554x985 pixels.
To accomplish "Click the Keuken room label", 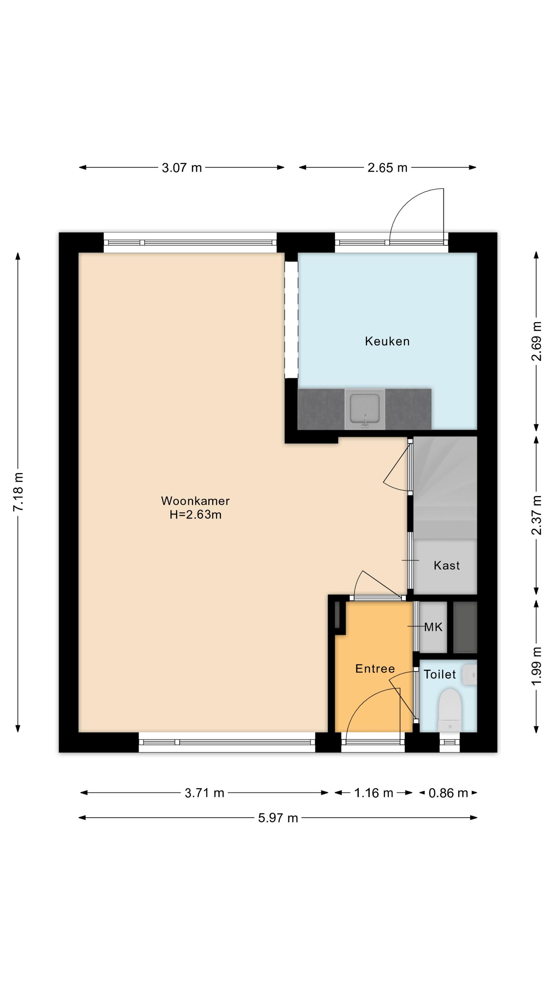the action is pos(387,341).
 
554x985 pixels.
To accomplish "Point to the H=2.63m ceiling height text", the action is pos(195,515).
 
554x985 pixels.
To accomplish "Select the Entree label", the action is pos(375,668).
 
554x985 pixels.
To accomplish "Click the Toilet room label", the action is pos(440,674).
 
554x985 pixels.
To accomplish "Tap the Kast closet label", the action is pos(447,565).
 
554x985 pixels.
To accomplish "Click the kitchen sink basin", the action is pos(365,408).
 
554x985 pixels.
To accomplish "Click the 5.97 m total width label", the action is pos(278,818).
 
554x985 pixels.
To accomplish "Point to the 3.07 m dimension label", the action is pos(181,167).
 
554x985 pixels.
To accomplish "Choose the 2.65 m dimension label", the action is pos(387,167).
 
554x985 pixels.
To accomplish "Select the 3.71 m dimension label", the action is pos(204,793).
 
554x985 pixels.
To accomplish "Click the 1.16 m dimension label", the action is pos(373,793).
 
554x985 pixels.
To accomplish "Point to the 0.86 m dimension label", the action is pos(448,793).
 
